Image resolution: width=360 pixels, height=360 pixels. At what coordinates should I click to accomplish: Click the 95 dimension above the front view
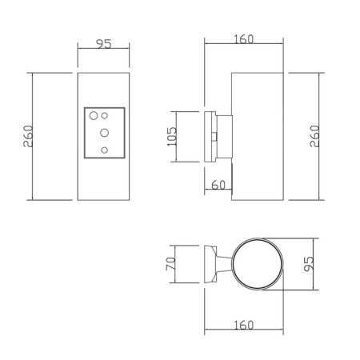[x=104, y=44]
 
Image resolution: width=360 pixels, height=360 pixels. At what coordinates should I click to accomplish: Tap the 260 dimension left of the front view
[x=28, y=136]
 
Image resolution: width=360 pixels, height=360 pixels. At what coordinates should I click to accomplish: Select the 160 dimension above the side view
[x=244, y=39]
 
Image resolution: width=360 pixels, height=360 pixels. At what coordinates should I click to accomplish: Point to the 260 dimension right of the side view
[x=314, y=136]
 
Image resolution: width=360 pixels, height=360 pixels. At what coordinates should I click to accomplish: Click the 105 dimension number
[x=172, y=136]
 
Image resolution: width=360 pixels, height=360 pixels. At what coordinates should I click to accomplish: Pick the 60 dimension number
[x=218, y=185]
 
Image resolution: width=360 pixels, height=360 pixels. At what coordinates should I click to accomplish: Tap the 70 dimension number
[x=170, y=264]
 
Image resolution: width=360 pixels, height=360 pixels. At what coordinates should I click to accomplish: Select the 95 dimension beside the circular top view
[x=309, y=264]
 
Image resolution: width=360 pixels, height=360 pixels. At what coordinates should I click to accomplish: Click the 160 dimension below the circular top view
[x=244, y=325]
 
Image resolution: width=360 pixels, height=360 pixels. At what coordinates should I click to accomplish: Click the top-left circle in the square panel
[x=94, y=116]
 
